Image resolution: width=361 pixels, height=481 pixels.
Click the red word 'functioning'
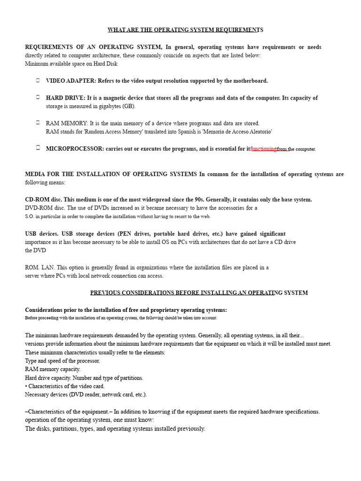click(x=263, y=149)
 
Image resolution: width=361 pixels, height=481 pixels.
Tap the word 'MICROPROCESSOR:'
click(x=75, y=149)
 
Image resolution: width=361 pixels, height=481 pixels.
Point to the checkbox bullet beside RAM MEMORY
click(x=38, y=122)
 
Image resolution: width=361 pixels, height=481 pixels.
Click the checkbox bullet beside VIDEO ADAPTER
click(x=38, y=80)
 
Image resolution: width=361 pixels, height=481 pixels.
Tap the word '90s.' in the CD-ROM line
click(x=225, y=200)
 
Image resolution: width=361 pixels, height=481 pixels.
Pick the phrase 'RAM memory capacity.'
click(x=53, y=370)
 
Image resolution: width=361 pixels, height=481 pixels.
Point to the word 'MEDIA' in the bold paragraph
click(x=35, y=174)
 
